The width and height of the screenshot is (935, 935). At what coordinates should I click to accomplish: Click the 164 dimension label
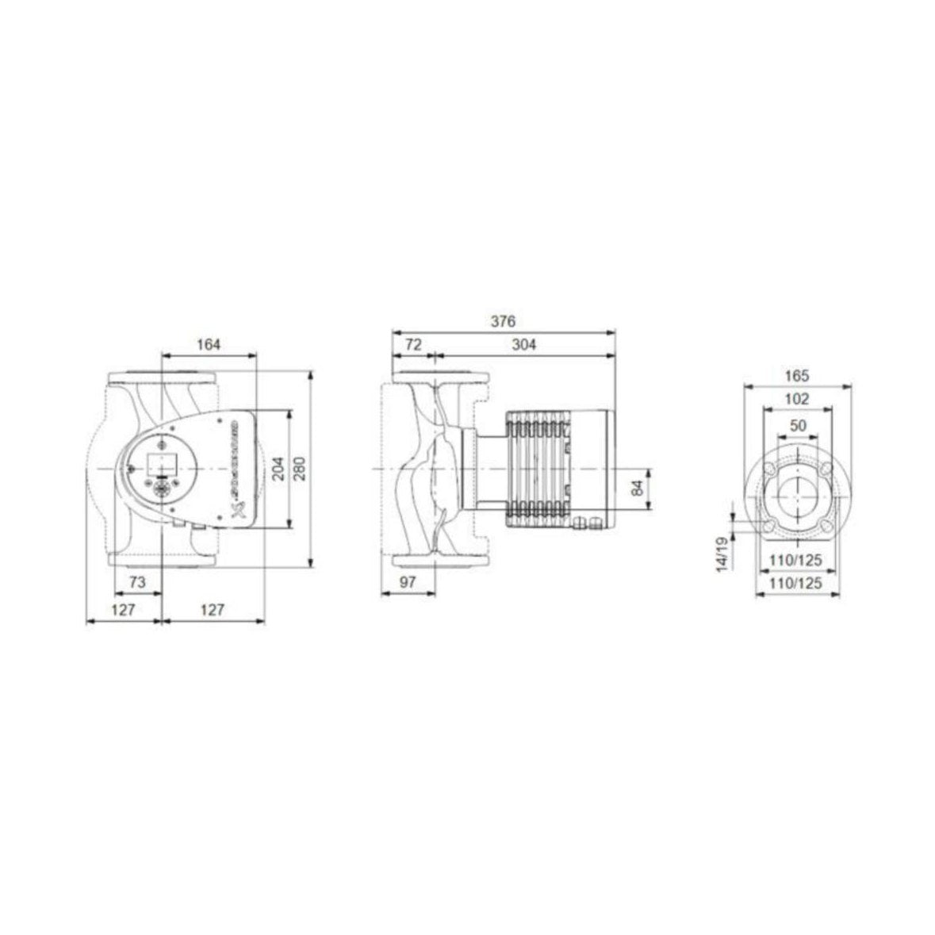click(209, 344)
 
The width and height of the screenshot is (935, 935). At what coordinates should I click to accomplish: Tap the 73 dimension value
click(137, 581)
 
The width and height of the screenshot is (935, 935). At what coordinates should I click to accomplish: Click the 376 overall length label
click(504, 321)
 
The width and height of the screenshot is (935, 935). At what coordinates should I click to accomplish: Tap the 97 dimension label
click(407, 581)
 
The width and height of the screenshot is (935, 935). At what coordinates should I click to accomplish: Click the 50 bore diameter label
click(798, 425)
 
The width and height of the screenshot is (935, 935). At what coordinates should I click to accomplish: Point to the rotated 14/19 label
click(722, 553)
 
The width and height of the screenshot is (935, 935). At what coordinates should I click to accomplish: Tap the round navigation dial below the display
click(161, 489)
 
